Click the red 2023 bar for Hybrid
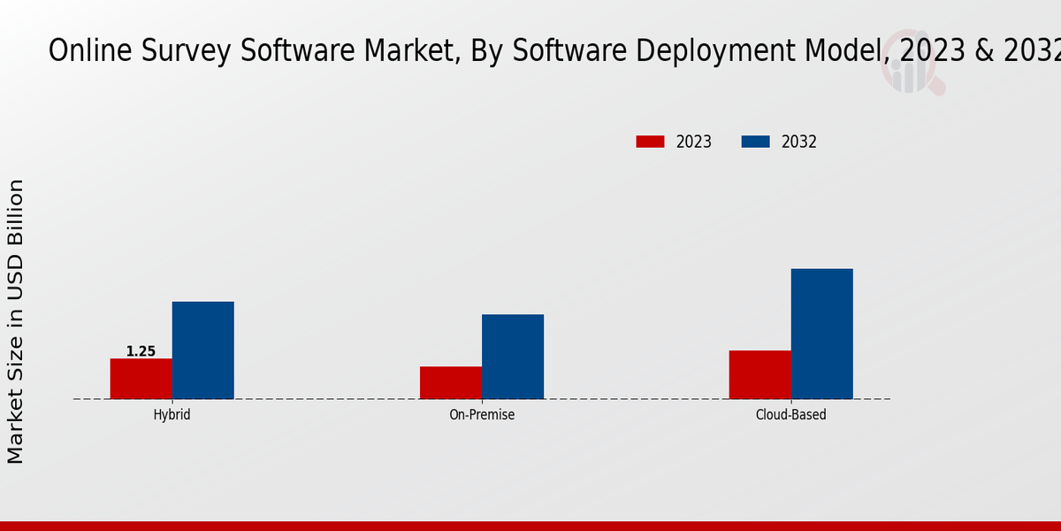tap(141, 379)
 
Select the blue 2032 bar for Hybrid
tap(202, 350)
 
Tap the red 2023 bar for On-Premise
tap(451, 382)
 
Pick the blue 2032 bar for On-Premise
tap(513, 357)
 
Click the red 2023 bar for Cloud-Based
tap(759, 374)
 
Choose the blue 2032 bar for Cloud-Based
tap(821, 334)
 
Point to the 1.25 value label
tap(141, 351)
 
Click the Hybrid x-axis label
tap(172, 414)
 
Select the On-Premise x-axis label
tap(482, 414)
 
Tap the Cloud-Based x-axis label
tap(790, 414)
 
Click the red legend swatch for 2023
tap(650, 142)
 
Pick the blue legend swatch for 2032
tap(755, 142)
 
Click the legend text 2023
tap(694, 142)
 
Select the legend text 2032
tap(799, 142)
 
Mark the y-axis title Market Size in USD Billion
tap(16, 320)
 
